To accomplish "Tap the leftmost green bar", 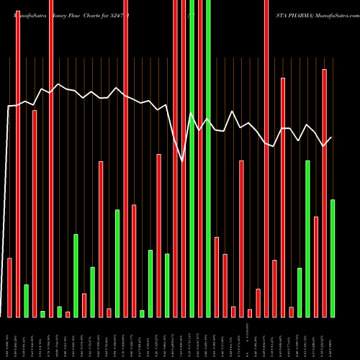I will [x=26, y=300].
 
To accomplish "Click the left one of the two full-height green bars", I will [x=192, y=158].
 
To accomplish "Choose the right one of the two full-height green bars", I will [x=209, y=158].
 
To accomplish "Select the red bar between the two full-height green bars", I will [x=200, y=158].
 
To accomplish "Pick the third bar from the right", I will [x=316, y=266].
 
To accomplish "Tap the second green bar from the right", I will [x=307, y=238].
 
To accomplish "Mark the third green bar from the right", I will [x=300, y=292].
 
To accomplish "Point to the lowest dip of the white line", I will [x=183, y=163].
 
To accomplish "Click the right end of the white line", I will [x=331, y=138].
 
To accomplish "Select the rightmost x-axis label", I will [x=332, y=338].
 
